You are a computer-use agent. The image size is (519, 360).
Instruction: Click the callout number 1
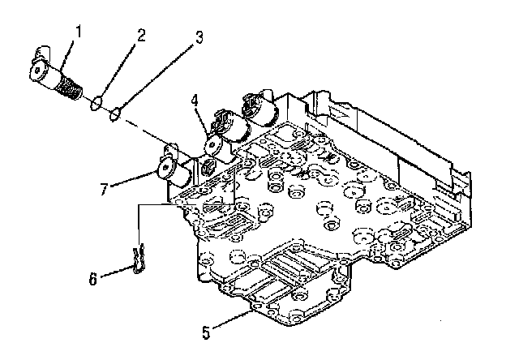coord(79,32)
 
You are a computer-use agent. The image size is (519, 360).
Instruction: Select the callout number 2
coord(141,36)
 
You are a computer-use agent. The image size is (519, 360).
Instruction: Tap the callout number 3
coord(199,38)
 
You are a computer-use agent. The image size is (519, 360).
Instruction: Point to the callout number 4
coord(195,101)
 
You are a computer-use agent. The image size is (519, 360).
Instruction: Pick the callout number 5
coord(206,332)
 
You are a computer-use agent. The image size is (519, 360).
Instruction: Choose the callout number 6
coord(93,279)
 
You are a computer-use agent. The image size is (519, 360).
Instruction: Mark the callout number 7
coord(104,190)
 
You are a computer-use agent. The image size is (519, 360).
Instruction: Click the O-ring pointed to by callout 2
coord(96,103)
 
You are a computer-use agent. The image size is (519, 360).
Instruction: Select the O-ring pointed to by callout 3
coord(114,114)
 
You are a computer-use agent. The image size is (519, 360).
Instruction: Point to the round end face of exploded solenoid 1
coord(37,72)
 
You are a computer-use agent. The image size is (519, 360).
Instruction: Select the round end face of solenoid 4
coord(213,146)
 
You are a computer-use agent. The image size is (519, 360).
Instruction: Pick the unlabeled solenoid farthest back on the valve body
coord(259,109)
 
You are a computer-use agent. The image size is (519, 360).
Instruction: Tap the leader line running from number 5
coord(233,319)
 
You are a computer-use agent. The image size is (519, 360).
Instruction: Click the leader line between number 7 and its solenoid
coord(133,178)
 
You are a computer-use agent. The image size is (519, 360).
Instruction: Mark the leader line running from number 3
coord(155,75)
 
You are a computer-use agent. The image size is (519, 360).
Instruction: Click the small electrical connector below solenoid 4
coord(208,166)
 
